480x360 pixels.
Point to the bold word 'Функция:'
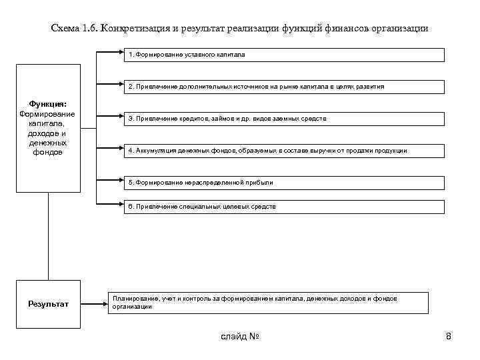click(47, 103)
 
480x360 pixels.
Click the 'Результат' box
click(48, 304)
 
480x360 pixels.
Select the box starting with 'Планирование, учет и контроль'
click(269, 303)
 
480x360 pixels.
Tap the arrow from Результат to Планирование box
click(94, 304)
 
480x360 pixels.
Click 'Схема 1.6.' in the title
click(74, 29)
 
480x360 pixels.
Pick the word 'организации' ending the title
click(398, 29)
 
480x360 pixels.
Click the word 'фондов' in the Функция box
click(47, 152)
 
